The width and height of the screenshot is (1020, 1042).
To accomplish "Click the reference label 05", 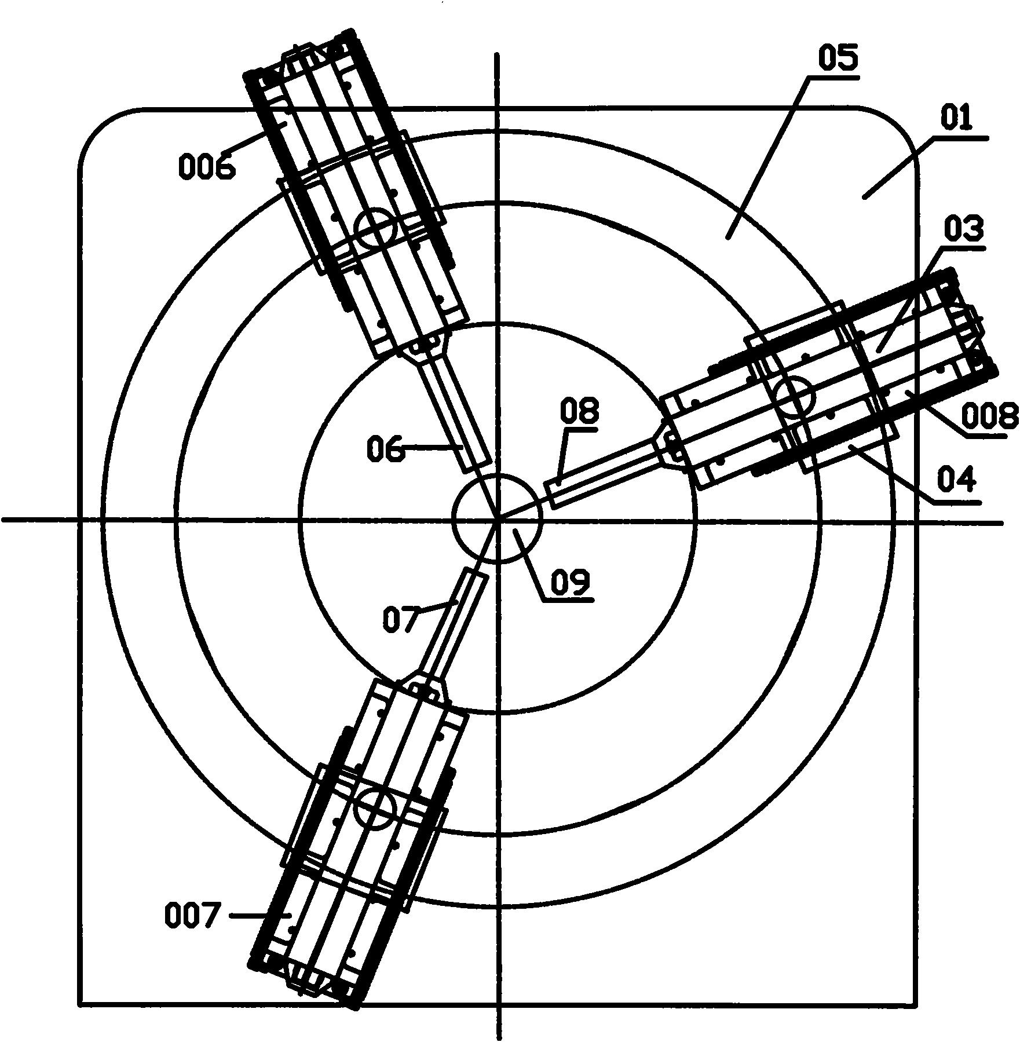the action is (x=838, y=59).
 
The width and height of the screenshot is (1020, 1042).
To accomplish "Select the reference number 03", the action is (x=964, y=230).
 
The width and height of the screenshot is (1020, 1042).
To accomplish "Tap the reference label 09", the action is (x=569, y=583).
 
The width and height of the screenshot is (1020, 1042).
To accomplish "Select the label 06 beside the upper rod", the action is (x=386, y=449).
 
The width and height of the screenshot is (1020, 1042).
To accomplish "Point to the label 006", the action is (x=207, y=167).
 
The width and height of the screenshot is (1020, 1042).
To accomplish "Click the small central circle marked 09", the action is (x=498, y=518).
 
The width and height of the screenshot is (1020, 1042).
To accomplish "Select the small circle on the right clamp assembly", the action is (x=795, y=396).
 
